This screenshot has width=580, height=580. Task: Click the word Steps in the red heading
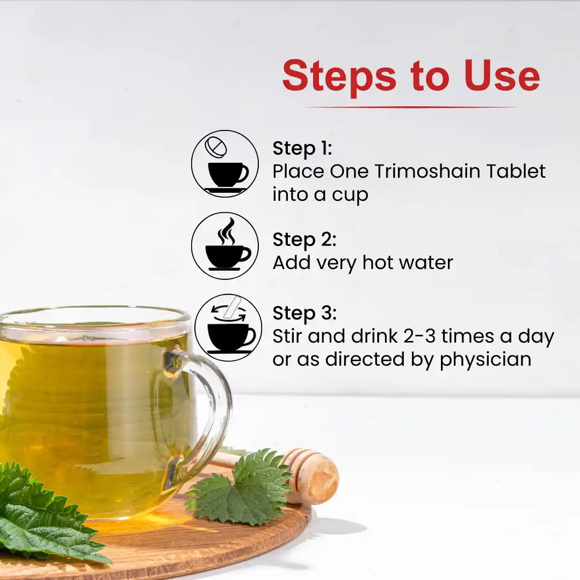point(339,77)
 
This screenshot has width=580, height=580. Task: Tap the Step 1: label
point(302,149)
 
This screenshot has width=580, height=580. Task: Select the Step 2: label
point(305,240)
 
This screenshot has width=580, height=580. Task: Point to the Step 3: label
point(305,313)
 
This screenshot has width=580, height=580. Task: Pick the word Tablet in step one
point(516,171)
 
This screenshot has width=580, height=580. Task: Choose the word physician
point(485,359)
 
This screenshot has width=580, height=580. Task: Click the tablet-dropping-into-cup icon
point(225,163)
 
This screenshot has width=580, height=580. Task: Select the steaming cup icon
point(225,245)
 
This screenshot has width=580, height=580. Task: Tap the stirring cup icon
point(228,328)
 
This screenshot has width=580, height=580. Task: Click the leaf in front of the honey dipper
point(241,488)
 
